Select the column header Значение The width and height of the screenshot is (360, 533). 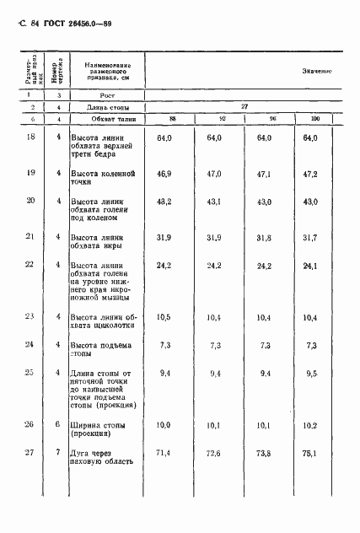pyautogui.click(x=316, y=73)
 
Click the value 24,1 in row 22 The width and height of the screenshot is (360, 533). pyautogui.click(x=310, y=265)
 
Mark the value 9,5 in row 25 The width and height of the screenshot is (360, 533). pyautogui.click(x=312, y=373)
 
